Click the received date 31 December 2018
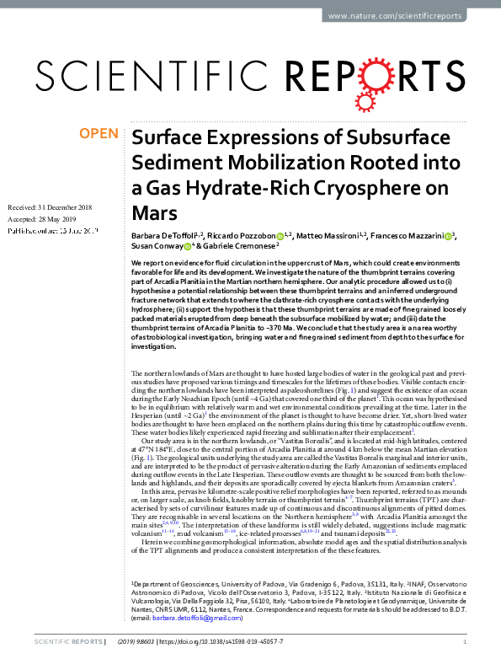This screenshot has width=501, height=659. coord(72,207)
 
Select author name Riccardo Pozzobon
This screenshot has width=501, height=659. coord(243,236)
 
